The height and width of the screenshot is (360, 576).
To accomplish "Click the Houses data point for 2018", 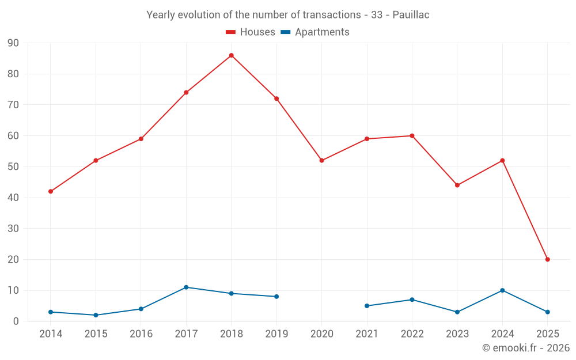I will (231, 55).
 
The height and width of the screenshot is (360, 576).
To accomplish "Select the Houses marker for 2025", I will (547, 259).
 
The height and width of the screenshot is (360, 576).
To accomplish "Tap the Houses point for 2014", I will (51, 191).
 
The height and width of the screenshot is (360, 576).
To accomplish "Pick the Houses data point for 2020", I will (321, 160).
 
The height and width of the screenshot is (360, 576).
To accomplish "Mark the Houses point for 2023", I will (457, 185).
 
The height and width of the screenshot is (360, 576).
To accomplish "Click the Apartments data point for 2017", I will (186, 287).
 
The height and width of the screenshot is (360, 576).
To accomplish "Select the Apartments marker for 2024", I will (502, 290).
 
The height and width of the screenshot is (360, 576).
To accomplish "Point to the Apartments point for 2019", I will (276, 297).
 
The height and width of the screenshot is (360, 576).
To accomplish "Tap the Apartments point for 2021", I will (367, 306).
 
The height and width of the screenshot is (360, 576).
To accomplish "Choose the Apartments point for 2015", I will (96, 315).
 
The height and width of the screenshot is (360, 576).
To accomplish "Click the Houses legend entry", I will (251, 32).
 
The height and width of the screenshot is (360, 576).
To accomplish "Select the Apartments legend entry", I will (315, 32).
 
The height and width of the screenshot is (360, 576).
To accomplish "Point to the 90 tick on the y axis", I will (13, 43).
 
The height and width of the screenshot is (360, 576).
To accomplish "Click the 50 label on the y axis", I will (13, 166).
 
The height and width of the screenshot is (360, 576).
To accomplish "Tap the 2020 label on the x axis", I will (321, 334).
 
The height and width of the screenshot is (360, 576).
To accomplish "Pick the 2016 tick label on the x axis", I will (141, 334).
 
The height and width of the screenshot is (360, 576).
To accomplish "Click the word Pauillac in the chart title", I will (411, 15).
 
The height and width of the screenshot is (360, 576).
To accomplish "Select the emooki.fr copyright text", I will (525, 348).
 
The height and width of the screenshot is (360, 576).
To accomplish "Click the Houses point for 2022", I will (412, 136).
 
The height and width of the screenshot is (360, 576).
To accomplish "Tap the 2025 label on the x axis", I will (547, 334).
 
